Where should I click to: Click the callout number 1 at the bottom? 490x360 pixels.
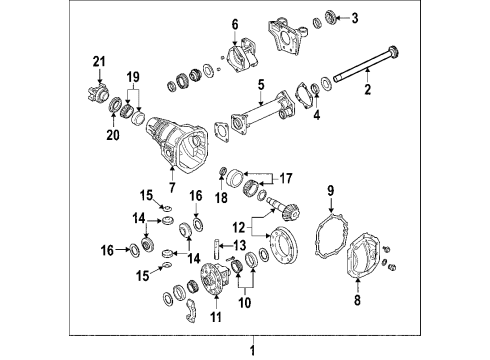(253, 350)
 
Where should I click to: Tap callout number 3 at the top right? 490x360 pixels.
(353, 17)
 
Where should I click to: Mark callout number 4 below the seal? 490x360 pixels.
(316, 116)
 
